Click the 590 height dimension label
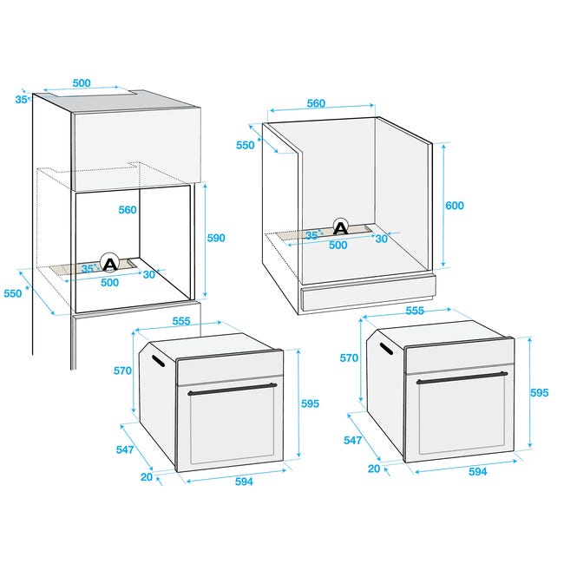(216, 238)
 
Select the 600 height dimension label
(455, 206)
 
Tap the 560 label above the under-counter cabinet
(316, 103)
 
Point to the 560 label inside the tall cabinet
(128, 210)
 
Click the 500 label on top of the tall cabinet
(82, 83)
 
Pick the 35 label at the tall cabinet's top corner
(21, 100)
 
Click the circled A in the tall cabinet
(109, 263)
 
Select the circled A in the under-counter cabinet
(341, 227)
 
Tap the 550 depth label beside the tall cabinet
(13, 293)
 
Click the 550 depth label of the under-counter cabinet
(246, 145)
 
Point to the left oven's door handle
(232, 389)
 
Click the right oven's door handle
(462, 377)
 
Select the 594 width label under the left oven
(244, 482)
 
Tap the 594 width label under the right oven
(478, 471)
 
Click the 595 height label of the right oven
(540, 393)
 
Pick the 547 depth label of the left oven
(125, 449)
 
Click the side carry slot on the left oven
(158, 361)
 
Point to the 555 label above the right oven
(415, 311)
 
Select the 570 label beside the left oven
(122, 371)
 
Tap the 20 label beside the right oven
(374, 469)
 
